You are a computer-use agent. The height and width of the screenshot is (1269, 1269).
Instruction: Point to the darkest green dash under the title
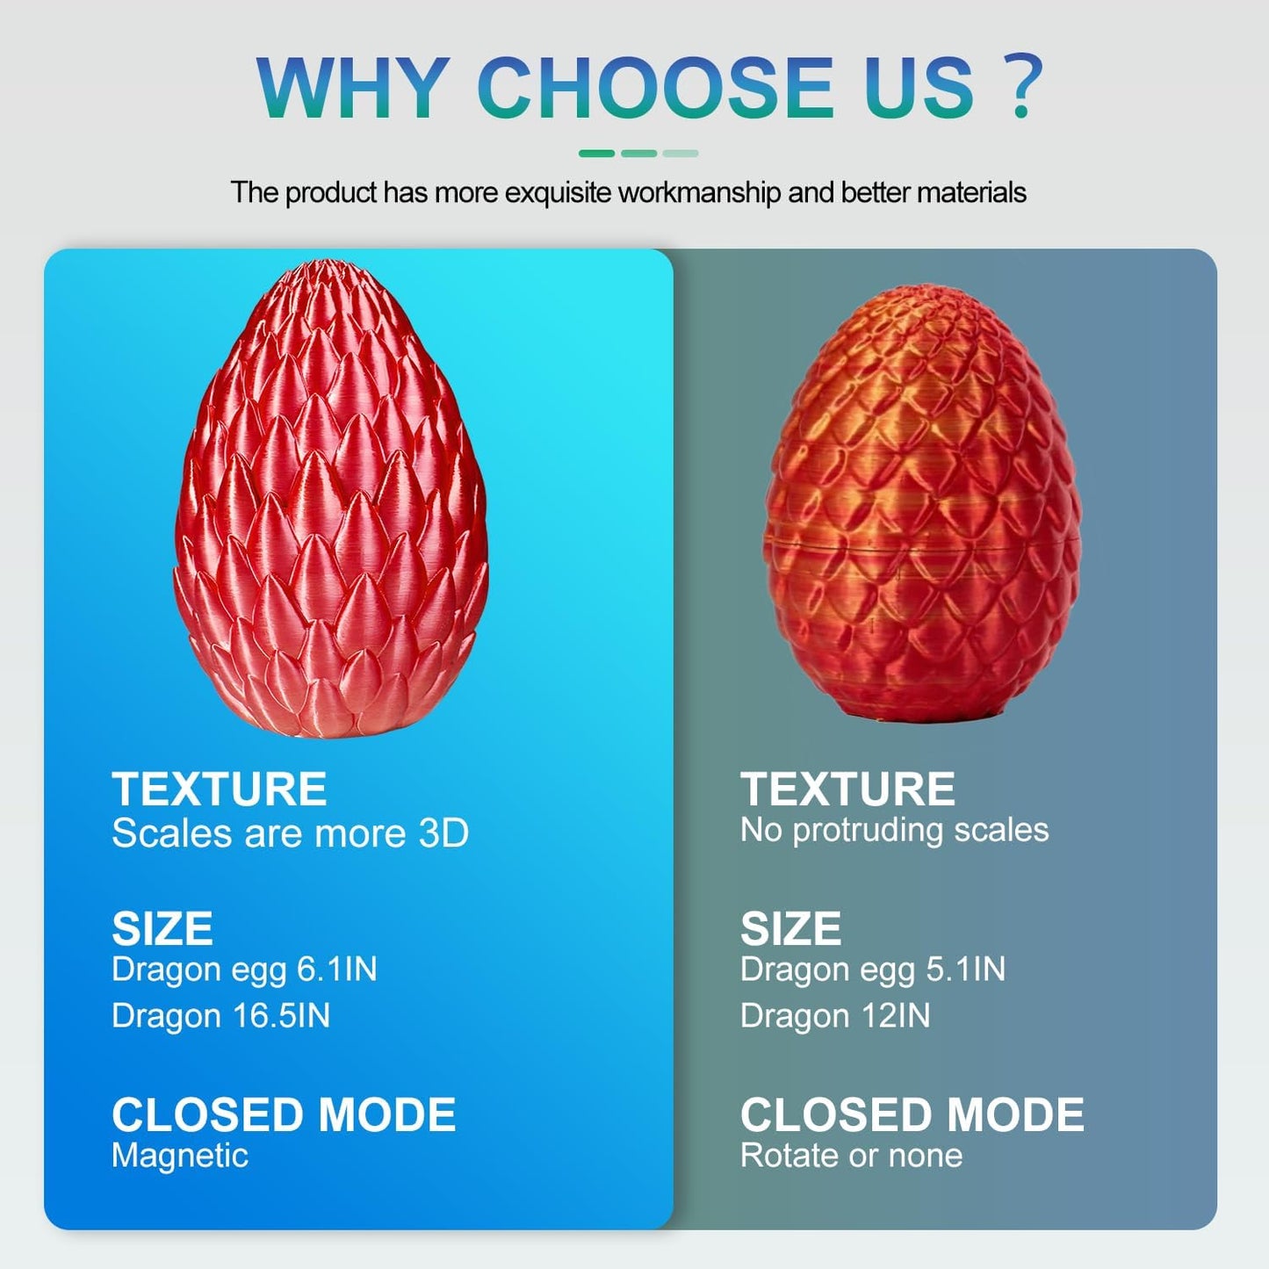[596, 154]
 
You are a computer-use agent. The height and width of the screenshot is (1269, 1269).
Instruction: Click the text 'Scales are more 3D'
[290, 833]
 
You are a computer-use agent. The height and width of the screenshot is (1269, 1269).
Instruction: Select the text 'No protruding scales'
[894, 830]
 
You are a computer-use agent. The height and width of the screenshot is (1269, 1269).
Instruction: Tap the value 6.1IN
[337, 970]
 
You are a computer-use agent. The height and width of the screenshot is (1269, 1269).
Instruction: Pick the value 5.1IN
[966, 970]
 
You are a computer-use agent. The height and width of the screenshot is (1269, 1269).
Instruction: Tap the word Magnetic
[180, 1156]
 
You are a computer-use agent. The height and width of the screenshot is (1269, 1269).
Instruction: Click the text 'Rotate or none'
[851, 1156]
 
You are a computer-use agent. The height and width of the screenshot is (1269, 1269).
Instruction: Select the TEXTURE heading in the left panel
[220, 789]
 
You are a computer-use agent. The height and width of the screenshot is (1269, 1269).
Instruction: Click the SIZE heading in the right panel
[790, 929]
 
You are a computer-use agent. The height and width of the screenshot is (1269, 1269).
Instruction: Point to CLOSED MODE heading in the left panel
[284, 1115]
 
